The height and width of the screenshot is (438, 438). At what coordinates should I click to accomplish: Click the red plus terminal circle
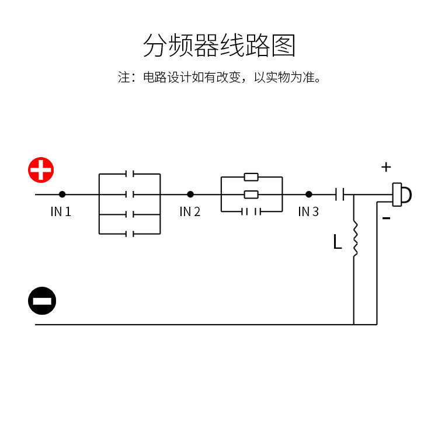coord(41,170)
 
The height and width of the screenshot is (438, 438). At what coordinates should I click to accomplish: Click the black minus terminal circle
coord(42,301)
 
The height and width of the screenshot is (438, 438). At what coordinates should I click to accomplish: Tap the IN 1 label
coord(61,212)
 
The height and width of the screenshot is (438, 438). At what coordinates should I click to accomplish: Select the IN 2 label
coord(190,212)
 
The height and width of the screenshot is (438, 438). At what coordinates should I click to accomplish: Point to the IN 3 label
coord(308,212)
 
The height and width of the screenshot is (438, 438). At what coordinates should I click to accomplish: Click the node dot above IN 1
coord(62,194)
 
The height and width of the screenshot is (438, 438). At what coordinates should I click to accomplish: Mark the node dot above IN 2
coord(190,194)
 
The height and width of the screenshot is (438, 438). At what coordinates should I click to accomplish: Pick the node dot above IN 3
coord(309,194)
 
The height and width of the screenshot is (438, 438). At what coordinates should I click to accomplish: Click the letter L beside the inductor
coord(337,242)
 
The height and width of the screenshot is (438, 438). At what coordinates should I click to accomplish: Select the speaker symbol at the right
coord(402,194)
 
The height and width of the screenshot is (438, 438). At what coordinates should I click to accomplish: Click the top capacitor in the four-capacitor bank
coord(130,174)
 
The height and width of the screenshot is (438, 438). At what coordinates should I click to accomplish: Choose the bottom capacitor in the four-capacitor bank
coord(130,234)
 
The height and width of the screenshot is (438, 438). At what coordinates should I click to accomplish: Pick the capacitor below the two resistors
coord(251,211)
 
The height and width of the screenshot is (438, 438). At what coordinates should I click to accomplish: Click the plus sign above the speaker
coord(386,168)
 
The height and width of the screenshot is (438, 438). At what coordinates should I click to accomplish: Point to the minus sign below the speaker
coord(386,219)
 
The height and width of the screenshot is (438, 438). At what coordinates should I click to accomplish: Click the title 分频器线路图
coord(219,46)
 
